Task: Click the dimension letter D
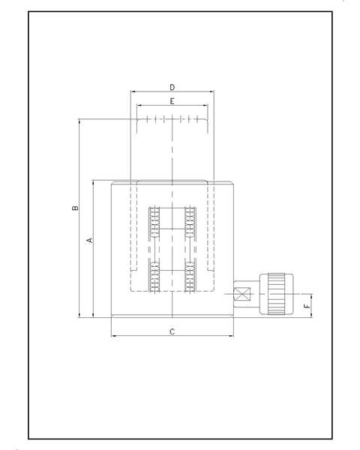click(x=172, y=87)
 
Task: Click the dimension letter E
click(x=172, y=101)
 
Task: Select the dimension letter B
click(x=75, y=208)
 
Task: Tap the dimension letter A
click(x=90, y=240)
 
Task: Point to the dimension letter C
click(x=172, y=331)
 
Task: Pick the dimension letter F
click(x=307, y=306)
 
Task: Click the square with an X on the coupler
click(x=242, y=294)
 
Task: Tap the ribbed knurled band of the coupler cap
click(x=277, y=294)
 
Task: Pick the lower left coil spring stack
click(x=154, y=277)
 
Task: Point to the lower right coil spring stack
click(x=190, y=277)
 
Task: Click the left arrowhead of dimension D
click(x=133, y=91)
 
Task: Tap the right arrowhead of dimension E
click(x=205, y=106)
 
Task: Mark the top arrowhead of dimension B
click(x=79, y=121)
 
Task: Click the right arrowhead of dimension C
click(x=232, y=336)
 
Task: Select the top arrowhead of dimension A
click(x=93, y=182)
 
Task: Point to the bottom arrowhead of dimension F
click(x=312, y=315)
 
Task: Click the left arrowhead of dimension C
click(x=113, y=336)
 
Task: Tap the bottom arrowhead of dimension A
click(x=93, y=315)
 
